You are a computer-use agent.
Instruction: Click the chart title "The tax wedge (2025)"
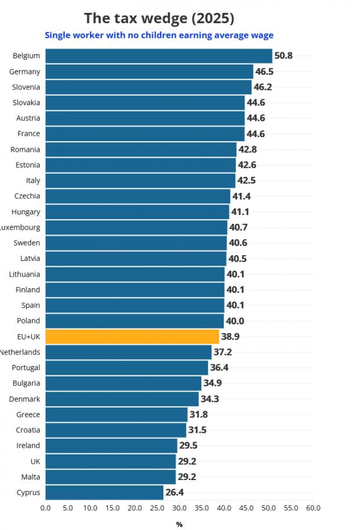click(x=159, y=18)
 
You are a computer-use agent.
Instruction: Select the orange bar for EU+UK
click(x=132, y=336)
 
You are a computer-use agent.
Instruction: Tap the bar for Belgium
click(x=159, y=56)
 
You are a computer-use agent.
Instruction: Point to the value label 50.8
click(x=283, y=56)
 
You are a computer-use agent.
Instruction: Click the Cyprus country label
click(x=28, y=493)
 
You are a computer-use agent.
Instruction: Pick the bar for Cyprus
click(x=104, y=493)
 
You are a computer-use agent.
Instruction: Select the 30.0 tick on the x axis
click(x=179, y=507)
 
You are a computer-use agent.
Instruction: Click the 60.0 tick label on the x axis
click(x=313, y=507)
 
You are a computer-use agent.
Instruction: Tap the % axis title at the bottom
click(x=179, y=524)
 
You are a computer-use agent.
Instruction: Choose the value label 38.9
click(x=231, y=336)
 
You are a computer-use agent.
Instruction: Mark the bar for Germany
click(x=149, y=71)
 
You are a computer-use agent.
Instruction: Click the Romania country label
click(x=26, y=149)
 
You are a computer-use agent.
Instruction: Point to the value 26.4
click(x=175, y=493)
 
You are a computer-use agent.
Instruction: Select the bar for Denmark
click(x=122, y=399)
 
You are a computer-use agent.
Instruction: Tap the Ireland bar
click(x=111, y=446)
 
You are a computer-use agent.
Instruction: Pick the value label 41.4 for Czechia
click(x=242, y=196)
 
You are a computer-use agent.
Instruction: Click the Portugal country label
click(x=26, y=368)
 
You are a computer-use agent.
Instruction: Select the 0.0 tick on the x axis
click(x=45, y=507)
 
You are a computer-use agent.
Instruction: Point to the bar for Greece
click(x=116, y=414)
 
